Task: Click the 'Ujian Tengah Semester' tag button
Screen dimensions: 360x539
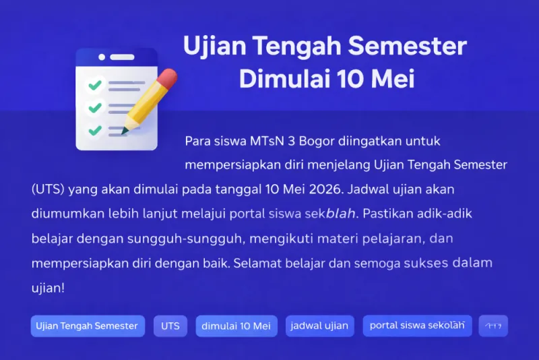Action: point(88,326)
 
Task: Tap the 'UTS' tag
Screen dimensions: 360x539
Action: point(170,326)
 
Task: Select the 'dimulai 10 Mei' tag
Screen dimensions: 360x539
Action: point(236,326)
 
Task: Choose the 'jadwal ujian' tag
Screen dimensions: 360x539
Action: point(319,326)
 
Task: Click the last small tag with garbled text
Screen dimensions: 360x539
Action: point(493,326)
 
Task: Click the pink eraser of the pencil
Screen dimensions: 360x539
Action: point(168,78)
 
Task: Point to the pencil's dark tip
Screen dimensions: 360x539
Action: point(125,133)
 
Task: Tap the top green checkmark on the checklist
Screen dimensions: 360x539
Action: point(95,86)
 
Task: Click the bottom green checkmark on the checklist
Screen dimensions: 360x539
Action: point(95,129)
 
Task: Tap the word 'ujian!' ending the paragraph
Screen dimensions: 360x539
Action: point(48,287)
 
